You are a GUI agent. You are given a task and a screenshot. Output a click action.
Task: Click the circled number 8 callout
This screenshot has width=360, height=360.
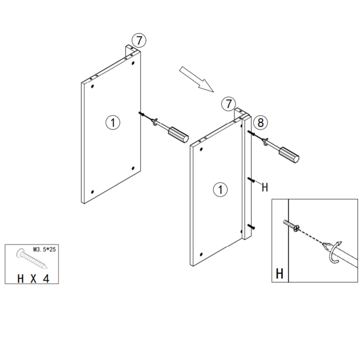(260, 122)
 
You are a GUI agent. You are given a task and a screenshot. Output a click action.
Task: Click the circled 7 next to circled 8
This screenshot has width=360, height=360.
(229, 104)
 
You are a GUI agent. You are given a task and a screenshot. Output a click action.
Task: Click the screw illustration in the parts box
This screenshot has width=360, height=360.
(31, 258)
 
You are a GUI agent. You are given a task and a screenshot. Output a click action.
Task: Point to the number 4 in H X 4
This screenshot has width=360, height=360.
(45, 278)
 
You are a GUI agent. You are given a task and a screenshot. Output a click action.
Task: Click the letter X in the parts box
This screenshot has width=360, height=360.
(33, 278)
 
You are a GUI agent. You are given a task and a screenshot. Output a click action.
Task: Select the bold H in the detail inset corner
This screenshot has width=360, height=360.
(280, 274)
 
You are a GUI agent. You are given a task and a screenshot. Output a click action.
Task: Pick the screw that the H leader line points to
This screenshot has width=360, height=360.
(251, 180)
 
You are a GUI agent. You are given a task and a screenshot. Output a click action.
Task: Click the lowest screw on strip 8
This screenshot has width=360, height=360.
(251, 227)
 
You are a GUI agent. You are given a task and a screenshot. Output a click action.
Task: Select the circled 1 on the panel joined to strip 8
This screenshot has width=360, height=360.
(220, 190)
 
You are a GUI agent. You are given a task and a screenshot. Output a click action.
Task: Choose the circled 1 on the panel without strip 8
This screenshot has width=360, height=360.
(113, 123)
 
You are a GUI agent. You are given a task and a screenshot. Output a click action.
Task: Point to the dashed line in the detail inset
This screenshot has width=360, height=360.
(311, 236)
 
